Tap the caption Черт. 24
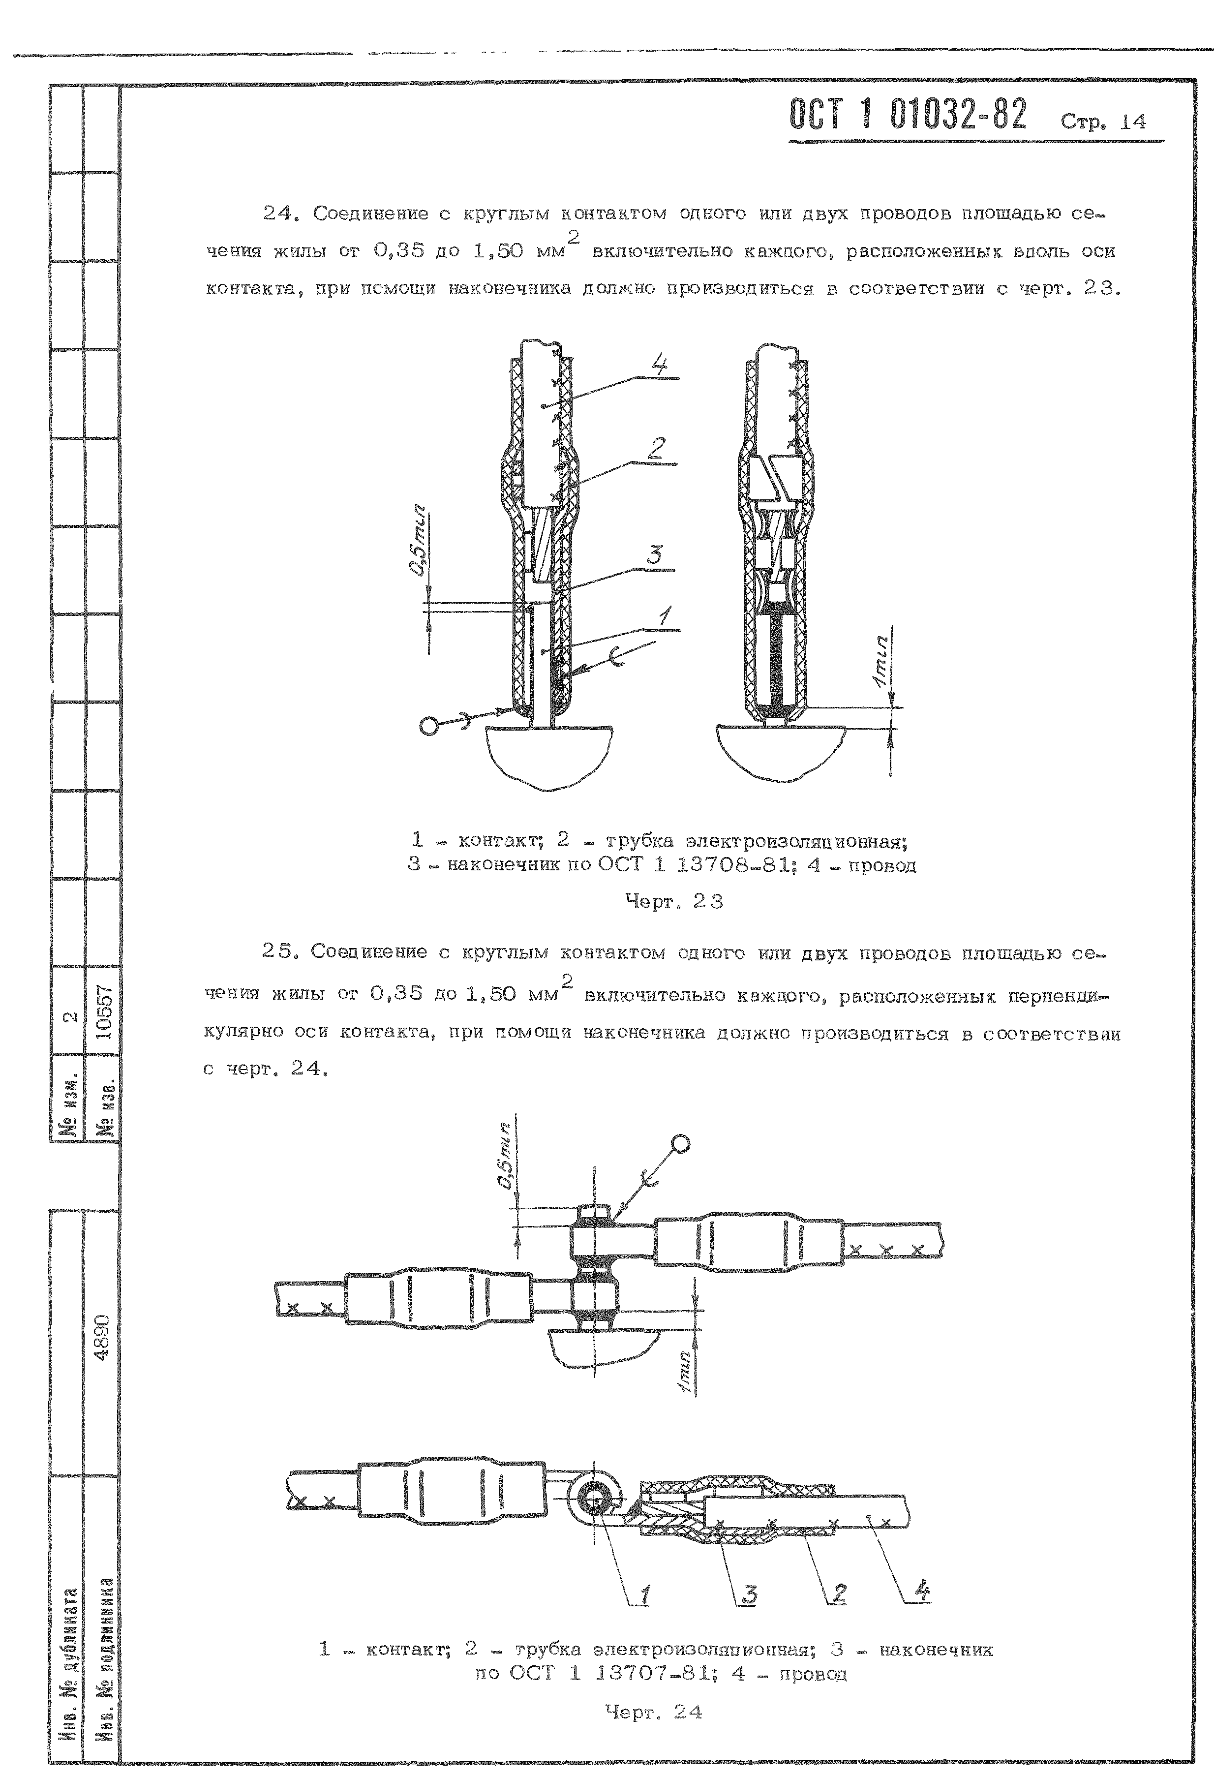(x=653, y=1712)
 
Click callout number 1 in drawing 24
(x=645, y=1594)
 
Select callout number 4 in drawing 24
(x=923, y=1592)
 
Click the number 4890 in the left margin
(x=103, y=1335)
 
